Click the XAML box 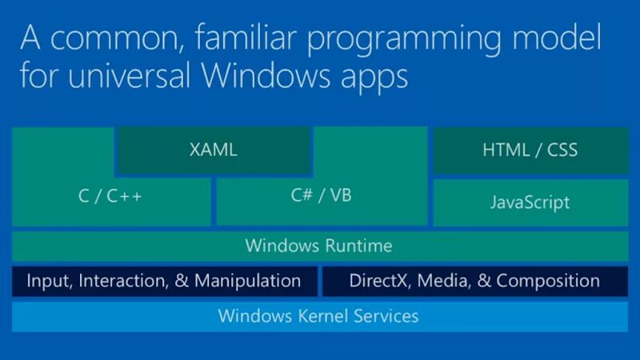(x=214, y=150)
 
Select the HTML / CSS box (x=530, y=150)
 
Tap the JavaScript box (x=530, y=202)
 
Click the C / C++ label (x=110, y=195)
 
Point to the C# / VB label (x=321, y=194)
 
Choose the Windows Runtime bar (x=319, y=246)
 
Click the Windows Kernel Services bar (x=318, y=316)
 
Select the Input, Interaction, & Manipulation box (x=164, y=281)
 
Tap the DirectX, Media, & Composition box (x=474, y=281)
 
